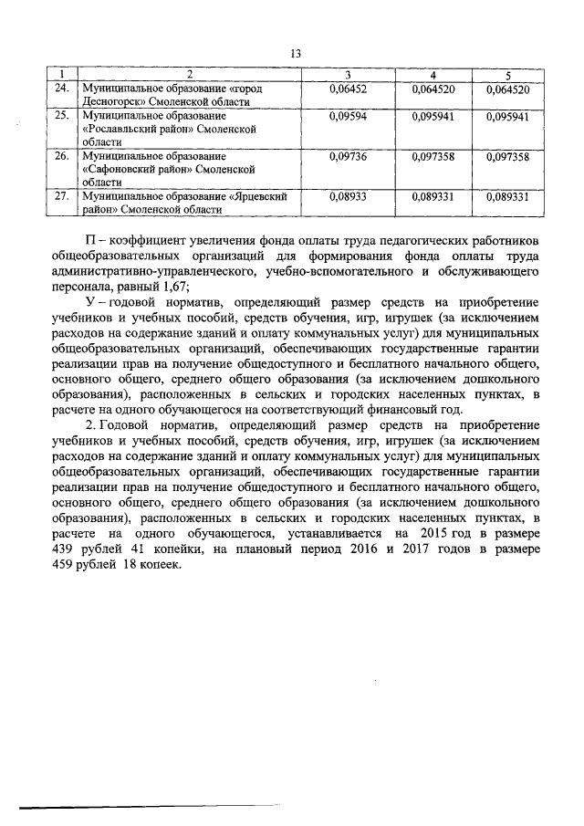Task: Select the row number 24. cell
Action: [x=62, y=89]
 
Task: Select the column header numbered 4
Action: [x=433, y=74]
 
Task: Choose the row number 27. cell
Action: [x=62, y=196]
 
